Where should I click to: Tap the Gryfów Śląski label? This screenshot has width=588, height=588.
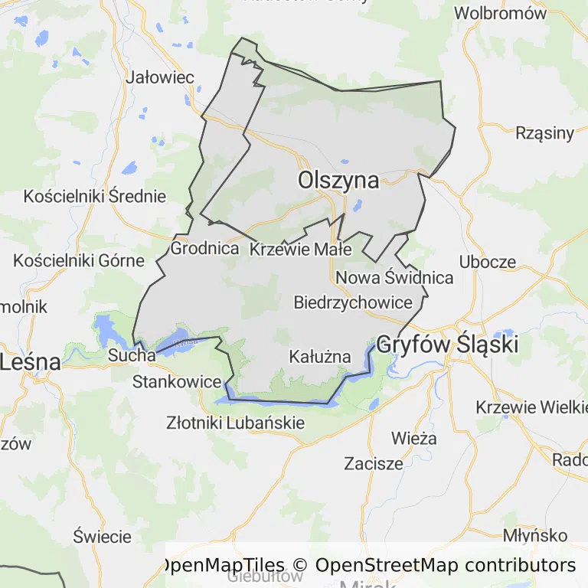click(x=448, y=344)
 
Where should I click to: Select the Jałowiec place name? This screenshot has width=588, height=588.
click(x=160, y=77)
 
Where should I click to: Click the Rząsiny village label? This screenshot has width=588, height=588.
click(x=545, y=133)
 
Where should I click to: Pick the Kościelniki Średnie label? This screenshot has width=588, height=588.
click(x=95, y=196)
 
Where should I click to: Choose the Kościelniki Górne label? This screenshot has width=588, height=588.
click(x=79, y=260)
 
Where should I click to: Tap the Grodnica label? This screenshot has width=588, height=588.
click(x=204, y=249)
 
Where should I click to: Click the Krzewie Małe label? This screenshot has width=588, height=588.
click(x=301, y=249)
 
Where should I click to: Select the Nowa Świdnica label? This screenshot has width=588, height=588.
click(x=394, y=277)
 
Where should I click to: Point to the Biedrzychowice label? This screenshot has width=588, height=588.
click(x=353, y=302)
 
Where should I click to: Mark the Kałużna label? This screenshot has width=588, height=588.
click(x=320, y=356)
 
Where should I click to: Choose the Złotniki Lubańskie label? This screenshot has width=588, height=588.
click(x=236, y=423)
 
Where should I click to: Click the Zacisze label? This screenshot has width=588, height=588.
click(x=374, y=463)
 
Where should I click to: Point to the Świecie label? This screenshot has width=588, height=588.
click(x=103, y=536)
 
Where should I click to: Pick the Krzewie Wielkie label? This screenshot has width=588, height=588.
click(x=531, y=407)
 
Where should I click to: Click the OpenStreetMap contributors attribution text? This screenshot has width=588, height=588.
click(x=446, y=566)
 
